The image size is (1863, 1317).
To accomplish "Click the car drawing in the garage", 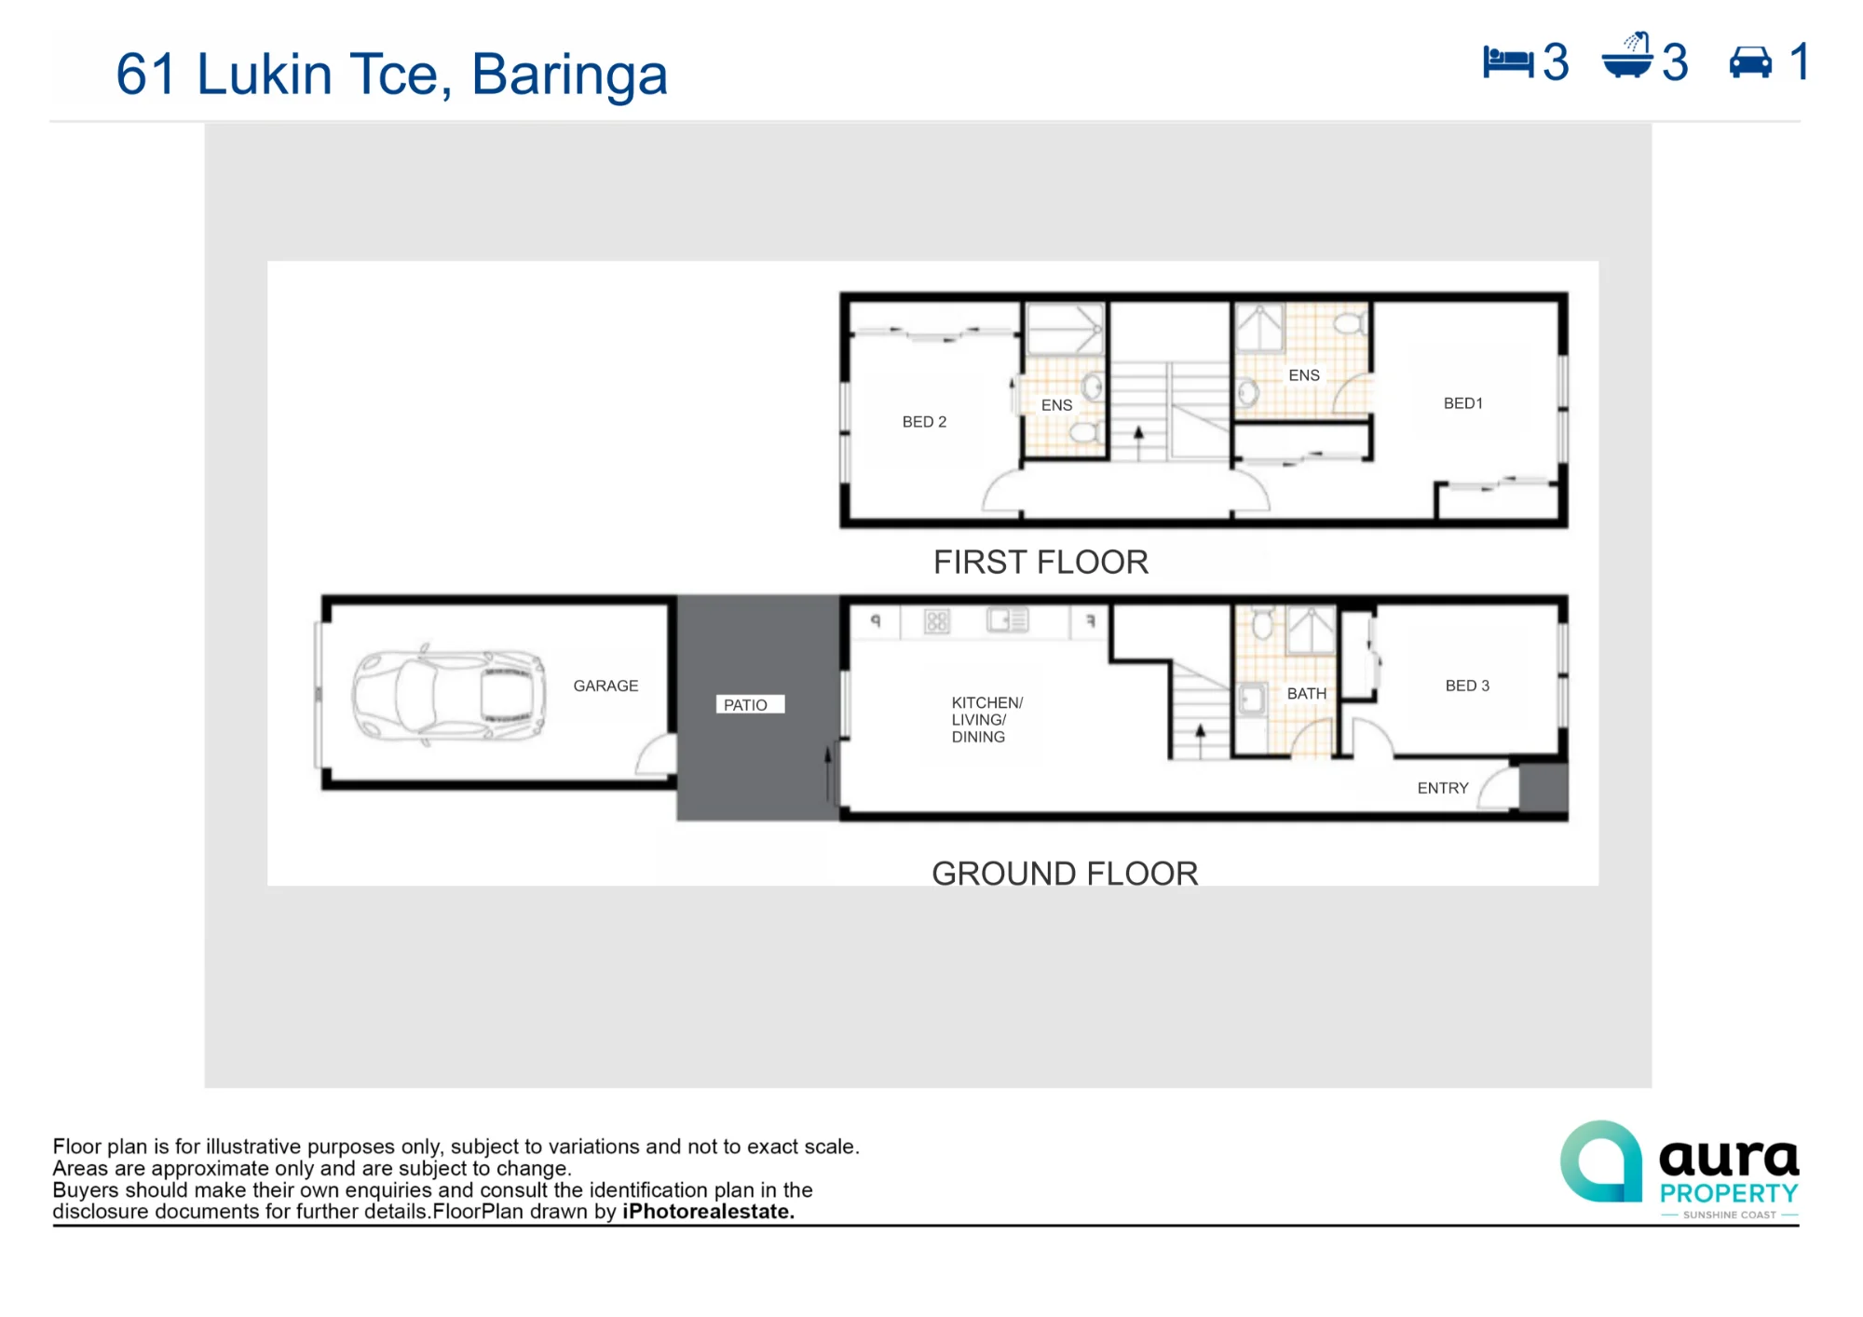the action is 448,695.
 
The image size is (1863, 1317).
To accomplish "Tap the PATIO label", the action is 746,705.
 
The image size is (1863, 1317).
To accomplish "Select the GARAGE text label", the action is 605,686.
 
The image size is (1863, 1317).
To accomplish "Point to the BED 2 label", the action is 924,422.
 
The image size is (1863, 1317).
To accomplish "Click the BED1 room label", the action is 1462,403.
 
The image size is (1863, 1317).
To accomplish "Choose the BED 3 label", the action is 1467,686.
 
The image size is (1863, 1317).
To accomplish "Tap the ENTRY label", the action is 1443,788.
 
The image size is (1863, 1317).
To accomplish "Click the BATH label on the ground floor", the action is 1306,694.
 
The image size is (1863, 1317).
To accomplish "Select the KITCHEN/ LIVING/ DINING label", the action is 987,720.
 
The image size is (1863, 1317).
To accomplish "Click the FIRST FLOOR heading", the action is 1040,563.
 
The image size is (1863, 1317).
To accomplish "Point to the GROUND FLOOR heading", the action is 1065,874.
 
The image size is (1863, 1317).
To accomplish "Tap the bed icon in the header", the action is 1508,62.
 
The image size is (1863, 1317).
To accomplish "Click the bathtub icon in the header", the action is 1627,56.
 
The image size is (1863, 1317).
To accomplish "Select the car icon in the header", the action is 1750,62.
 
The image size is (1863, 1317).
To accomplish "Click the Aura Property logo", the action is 1679,1169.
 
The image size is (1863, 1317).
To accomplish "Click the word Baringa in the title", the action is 569,75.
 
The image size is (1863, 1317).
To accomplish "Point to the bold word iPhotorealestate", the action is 708,1212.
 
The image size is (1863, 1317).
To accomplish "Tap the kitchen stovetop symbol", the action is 936,621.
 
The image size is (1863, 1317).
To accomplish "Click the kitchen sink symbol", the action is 1007,620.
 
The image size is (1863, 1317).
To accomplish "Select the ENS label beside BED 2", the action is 1056,405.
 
